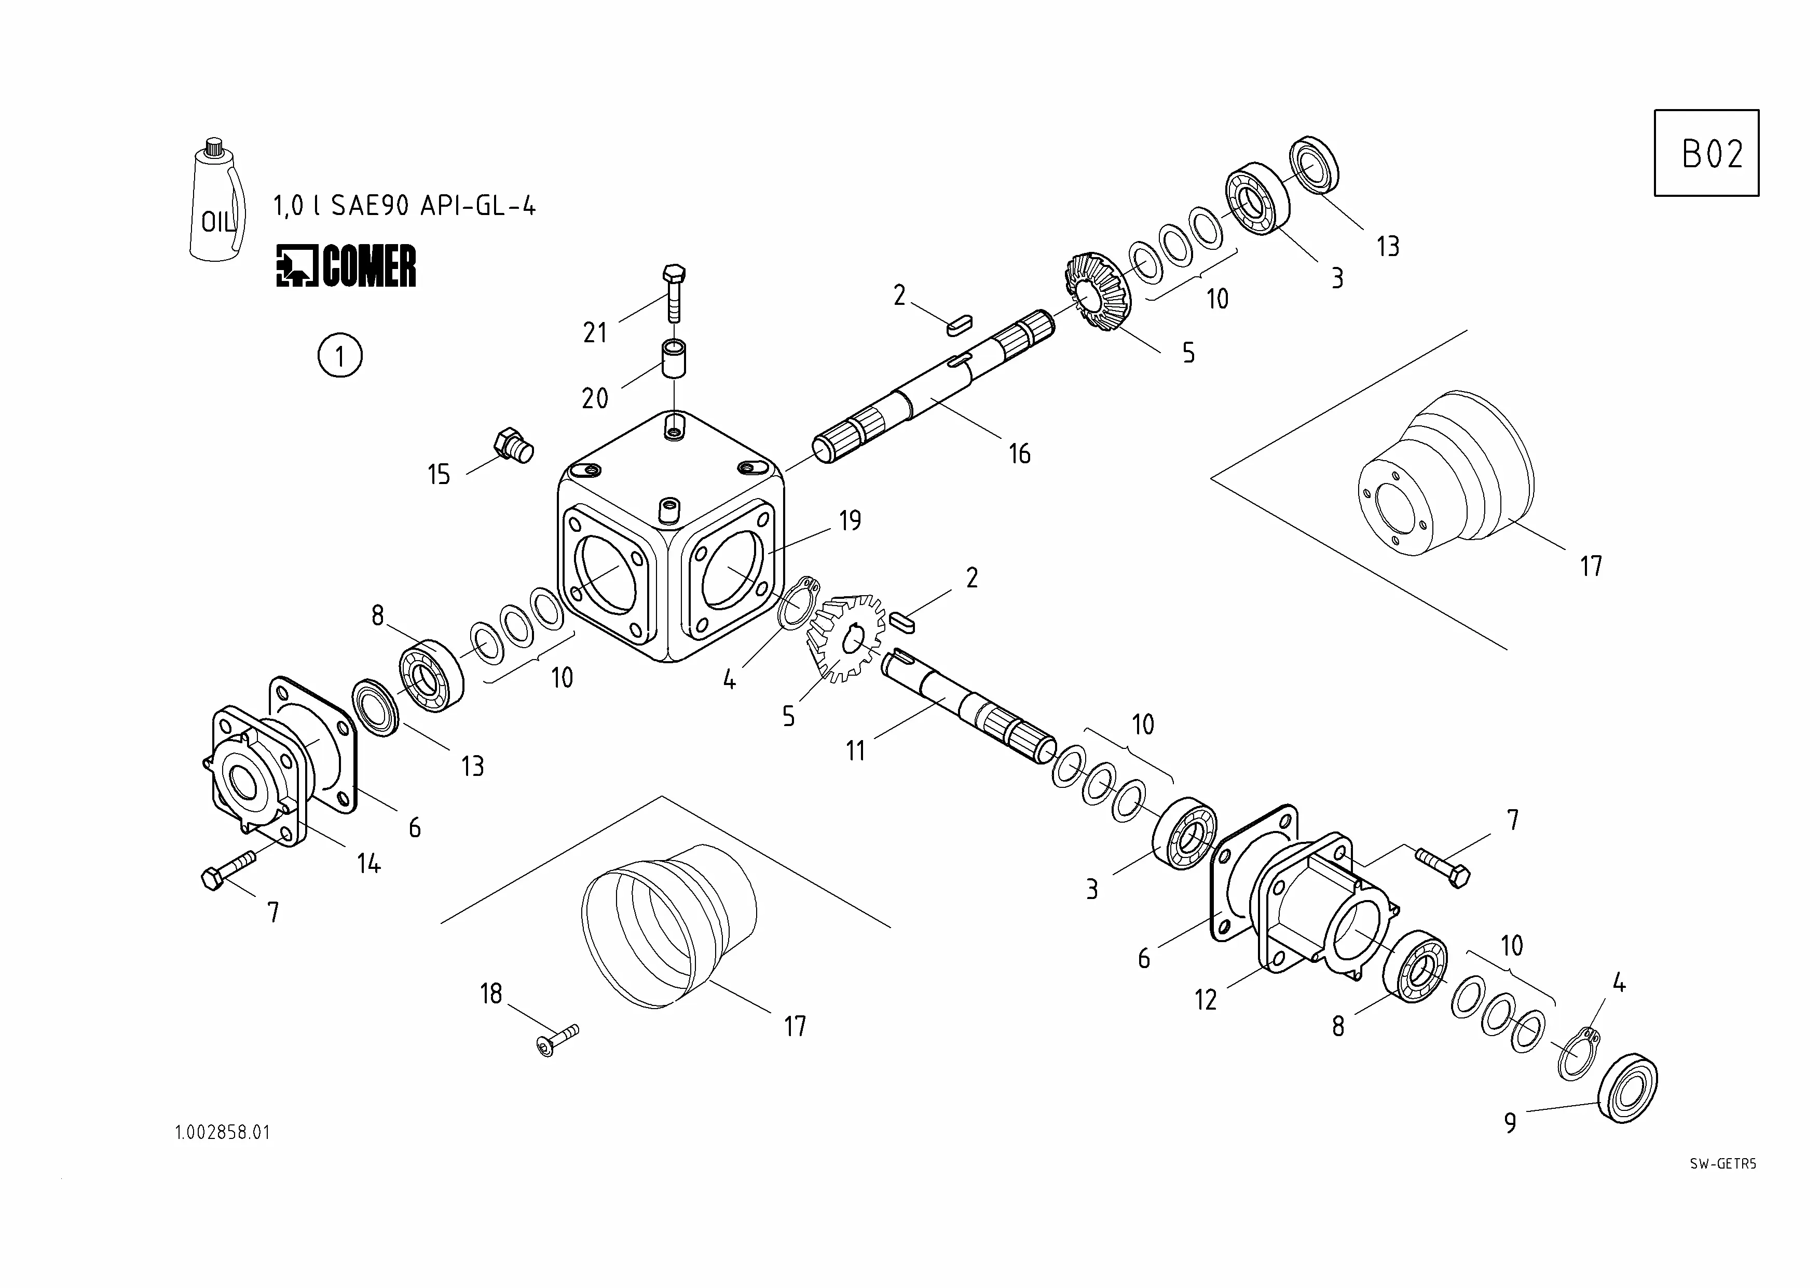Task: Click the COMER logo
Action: tap(346, 266)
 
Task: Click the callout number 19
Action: tap(850, 520)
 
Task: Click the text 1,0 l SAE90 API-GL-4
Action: tap(404, 206)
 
